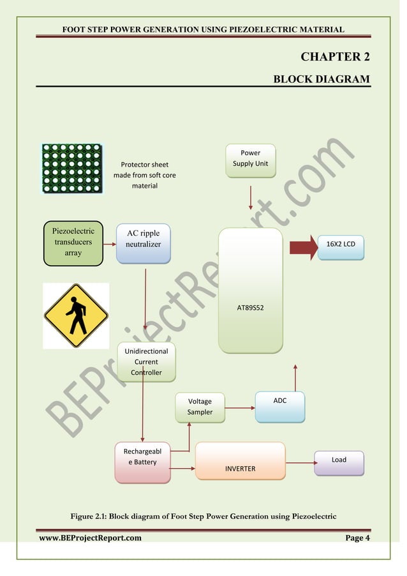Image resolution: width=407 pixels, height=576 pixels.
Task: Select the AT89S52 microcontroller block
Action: tap(250, 291)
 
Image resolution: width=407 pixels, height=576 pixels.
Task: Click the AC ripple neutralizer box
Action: tap(143, 243)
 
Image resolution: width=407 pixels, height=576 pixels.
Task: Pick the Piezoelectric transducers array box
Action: tap(73, 243)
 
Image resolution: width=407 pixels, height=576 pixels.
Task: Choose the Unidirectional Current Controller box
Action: tap(146, 361)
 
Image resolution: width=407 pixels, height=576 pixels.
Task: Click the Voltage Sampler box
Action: tap(200, 407)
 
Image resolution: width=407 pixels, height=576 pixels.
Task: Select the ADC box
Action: tap(279, 407)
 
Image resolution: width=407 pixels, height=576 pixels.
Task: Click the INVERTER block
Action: tap(240, 460)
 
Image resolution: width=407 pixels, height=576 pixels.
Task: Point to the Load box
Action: tap(339, 462)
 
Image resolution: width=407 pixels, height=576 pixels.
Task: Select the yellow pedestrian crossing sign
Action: tap(76, 315)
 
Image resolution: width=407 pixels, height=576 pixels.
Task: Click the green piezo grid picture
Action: tap(72, 169)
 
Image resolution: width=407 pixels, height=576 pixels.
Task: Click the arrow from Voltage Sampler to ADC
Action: tap(240, 407)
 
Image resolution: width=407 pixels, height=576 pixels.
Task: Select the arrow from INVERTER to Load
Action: tap(299, 462)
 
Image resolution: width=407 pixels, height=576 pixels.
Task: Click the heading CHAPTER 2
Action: tap(335, 57)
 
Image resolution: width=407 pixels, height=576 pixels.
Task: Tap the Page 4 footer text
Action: tap(357, 538)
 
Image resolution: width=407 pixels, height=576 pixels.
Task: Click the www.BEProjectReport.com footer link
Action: tap(90, 538)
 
